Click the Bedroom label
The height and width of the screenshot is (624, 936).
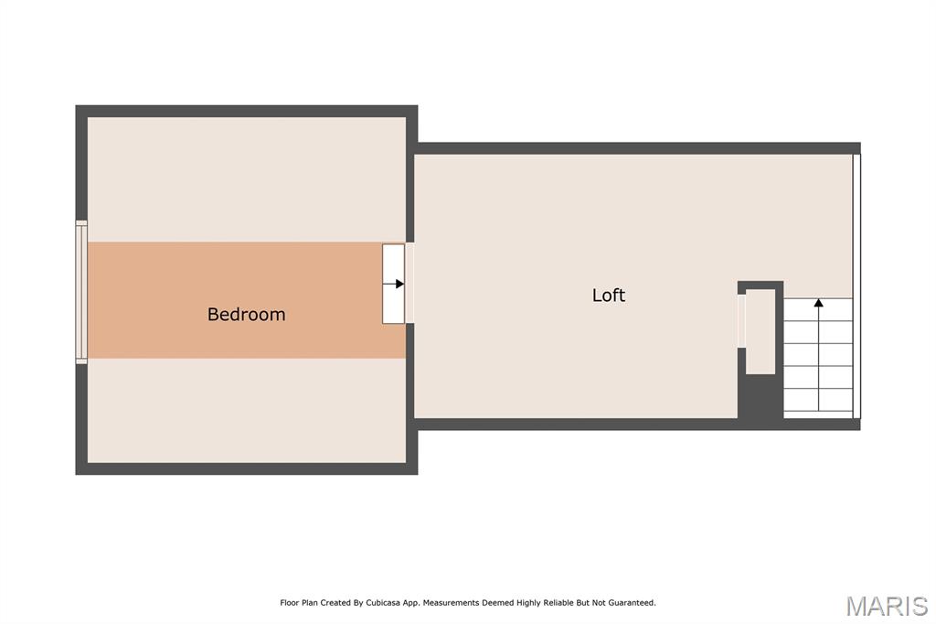pos(246,315)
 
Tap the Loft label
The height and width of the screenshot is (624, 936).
pos(608,296)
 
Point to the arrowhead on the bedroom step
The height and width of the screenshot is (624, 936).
pos(400,284)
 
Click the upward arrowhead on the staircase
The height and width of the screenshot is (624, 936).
pos(818,303)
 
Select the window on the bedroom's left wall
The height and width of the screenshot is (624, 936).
pos(81,292)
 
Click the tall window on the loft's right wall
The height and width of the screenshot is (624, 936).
pos(856,286)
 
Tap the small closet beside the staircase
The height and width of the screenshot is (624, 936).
pos(760,331)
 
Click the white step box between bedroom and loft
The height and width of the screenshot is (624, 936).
pos(393,284)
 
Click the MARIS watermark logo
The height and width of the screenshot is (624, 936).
pos(887,606)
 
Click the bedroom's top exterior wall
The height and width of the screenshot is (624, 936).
pos(247,112)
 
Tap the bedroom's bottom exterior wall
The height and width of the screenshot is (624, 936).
pos(247,468)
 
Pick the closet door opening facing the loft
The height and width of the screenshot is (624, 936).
pos(741,321)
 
